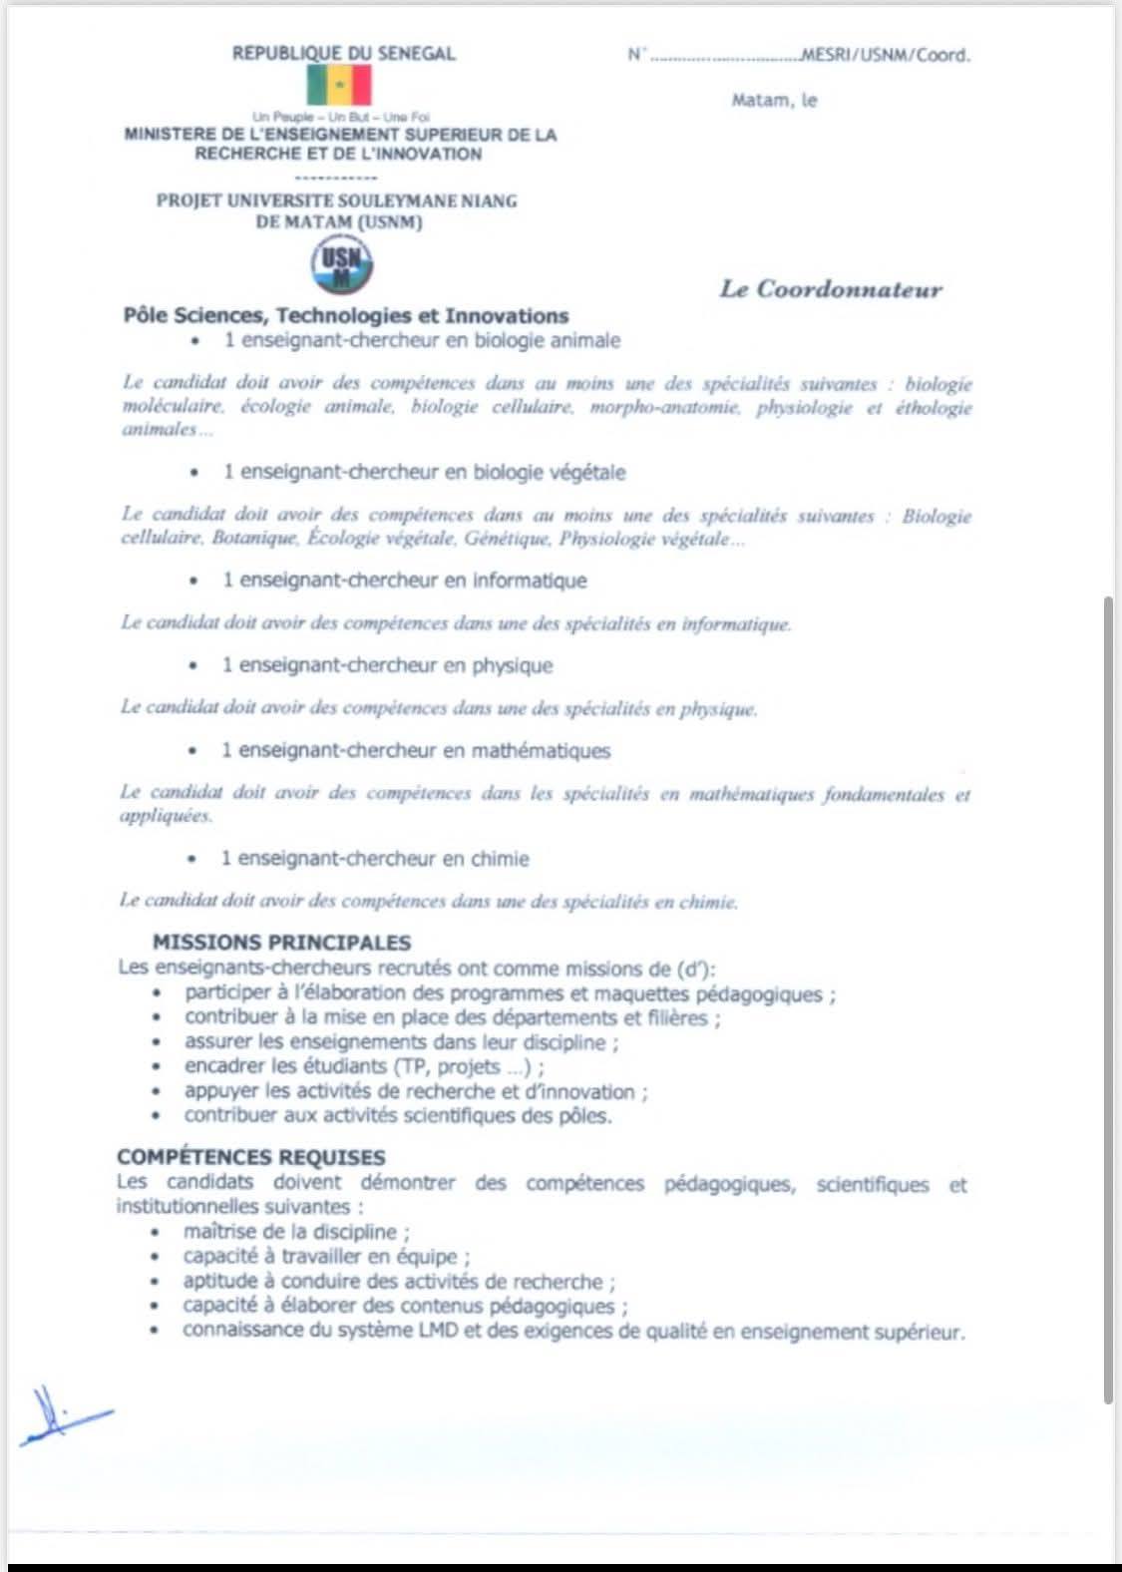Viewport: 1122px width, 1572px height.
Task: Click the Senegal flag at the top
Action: pos(339,86)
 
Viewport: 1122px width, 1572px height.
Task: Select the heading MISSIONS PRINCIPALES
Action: pos(281,943)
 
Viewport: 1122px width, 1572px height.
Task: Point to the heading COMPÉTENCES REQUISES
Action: pos(250,1157)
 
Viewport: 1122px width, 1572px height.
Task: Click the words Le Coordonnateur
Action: pos(830,290)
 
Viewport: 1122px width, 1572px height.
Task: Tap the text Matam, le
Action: pos(774,101)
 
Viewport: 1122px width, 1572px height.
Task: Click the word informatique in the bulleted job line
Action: pos(530,581)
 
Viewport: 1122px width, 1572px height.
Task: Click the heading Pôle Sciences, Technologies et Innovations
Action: pos(346,316)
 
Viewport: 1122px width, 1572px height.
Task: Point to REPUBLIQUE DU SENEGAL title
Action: pos(343,54)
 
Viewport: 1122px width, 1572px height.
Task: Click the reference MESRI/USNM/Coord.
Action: pos(886,56)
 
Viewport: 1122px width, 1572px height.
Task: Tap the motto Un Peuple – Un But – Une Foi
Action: pos(340,117)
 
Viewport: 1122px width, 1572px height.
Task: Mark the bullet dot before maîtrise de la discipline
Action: pos(156,1233)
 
